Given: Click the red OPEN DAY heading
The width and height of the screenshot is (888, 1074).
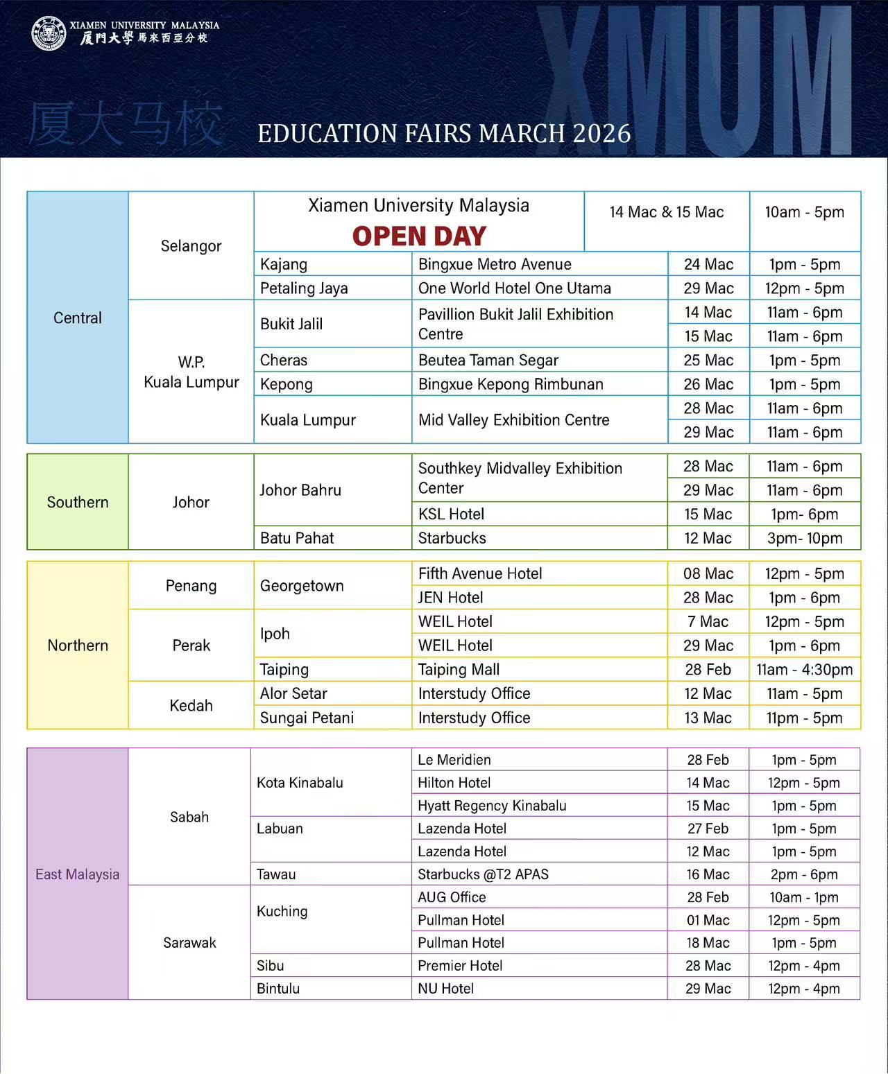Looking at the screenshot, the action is click(x=419, y=236).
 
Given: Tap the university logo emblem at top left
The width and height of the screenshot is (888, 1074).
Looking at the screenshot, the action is click(x=49, y=33).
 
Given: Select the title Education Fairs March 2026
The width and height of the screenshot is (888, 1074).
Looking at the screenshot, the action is click(x=444, y=133).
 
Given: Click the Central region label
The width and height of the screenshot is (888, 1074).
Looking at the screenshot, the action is click(x=78, y=318).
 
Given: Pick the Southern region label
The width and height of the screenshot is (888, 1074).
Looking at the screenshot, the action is click(x=78, y=502).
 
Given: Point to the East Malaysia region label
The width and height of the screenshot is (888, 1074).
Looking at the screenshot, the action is click(x=78, y=874).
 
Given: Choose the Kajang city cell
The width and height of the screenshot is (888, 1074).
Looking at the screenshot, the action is click(x=284, y=264).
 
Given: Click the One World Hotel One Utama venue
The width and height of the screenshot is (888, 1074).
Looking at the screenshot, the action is click(x=514, y=288).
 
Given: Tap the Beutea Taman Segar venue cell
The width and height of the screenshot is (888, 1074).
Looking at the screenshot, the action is click(x=488, y=360).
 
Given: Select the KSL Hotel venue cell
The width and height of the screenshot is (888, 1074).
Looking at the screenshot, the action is click(x=451, y=514).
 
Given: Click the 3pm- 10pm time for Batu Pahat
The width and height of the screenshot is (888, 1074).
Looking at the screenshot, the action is click(x=805, y=538).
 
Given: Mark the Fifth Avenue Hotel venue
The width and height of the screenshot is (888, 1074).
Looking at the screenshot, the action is click(x=480, y=573).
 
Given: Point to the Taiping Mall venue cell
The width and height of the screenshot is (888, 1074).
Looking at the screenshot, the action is click(x=459, y=669).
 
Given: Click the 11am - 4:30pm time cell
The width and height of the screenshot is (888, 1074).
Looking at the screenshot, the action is click(x=805, y=669).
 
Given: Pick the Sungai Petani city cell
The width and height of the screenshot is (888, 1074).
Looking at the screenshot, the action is click(x=307, y=718).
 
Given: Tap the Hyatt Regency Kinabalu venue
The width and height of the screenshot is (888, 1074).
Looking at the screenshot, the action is click(x=492, y=806).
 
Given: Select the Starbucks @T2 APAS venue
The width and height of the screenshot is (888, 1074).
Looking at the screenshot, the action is click(x=483, y=874).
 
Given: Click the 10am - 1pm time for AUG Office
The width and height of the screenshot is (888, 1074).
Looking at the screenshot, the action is click(x=804, y=897).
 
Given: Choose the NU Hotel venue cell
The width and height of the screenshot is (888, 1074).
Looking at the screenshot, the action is click(x=445, y=989).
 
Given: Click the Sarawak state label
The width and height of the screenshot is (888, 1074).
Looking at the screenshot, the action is click(x=189, y=942).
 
